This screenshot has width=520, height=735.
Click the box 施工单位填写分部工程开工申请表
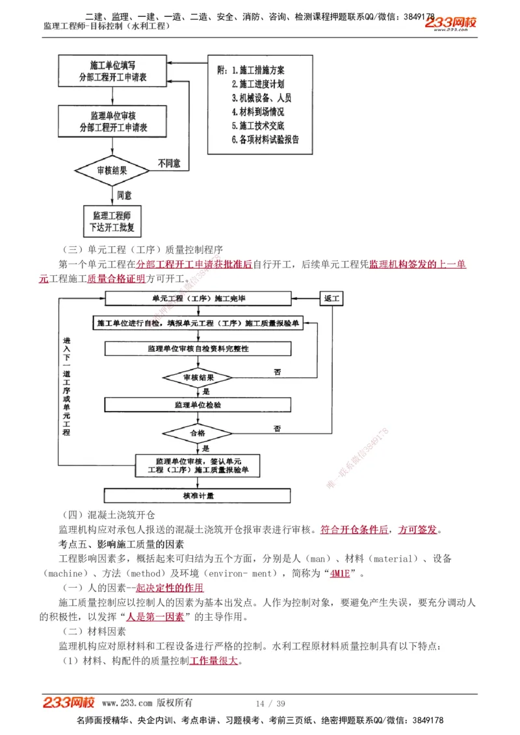[113, 71]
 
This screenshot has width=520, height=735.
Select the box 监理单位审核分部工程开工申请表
[113, 121]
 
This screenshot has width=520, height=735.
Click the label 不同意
[169, 163]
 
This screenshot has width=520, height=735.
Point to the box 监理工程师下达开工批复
[113, 221]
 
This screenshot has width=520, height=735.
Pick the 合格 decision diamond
[198, 432]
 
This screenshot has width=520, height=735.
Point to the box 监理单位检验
[198, 405]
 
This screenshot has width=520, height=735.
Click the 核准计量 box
[198, 495]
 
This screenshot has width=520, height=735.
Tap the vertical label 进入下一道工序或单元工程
[66, 386]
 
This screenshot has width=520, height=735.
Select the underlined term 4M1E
[340, 573]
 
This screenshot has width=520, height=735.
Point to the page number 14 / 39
[270, 703]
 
